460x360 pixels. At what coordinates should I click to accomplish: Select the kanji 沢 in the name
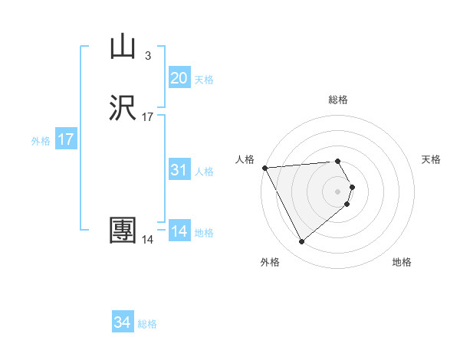click(123, 108)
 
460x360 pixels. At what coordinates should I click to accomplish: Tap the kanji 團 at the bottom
click(123, 230)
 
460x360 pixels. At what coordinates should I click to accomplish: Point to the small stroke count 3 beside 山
click(147, 56)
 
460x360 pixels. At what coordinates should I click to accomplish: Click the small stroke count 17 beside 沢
click(148, 117)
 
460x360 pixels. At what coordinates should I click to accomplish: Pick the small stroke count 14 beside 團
click(148, 240)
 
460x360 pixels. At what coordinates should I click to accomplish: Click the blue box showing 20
click(179, 78)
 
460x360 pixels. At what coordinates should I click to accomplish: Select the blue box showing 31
click(179, 170)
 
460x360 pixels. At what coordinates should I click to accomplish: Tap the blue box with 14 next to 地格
click(179, 231)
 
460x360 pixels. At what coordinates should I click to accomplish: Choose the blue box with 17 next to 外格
click(66, 140)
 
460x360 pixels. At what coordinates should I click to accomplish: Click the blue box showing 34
click(123, 323)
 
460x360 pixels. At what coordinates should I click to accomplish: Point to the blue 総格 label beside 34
click(147, 324)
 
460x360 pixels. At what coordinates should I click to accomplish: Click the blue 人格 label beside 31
click(205, 172)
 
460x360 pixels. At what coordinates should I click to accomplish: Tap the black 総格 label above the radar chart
click(338, 100)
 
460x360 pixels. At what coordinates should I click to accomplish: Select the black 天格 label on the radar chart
click(432, 159)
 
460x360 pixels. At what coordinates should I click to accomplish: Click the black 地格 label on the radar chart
click(402, 262)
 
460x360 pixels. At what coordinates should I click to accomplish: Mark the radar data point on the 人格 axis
click(264, 168)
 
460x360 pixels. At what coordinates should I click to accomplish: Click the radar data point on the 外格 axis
click(301, 242)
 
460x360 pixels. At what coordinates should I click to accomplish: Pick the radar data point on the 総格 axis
click(338, 161)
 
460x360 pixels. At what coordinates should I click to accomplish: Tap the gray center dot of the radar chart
click(338, 191)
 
